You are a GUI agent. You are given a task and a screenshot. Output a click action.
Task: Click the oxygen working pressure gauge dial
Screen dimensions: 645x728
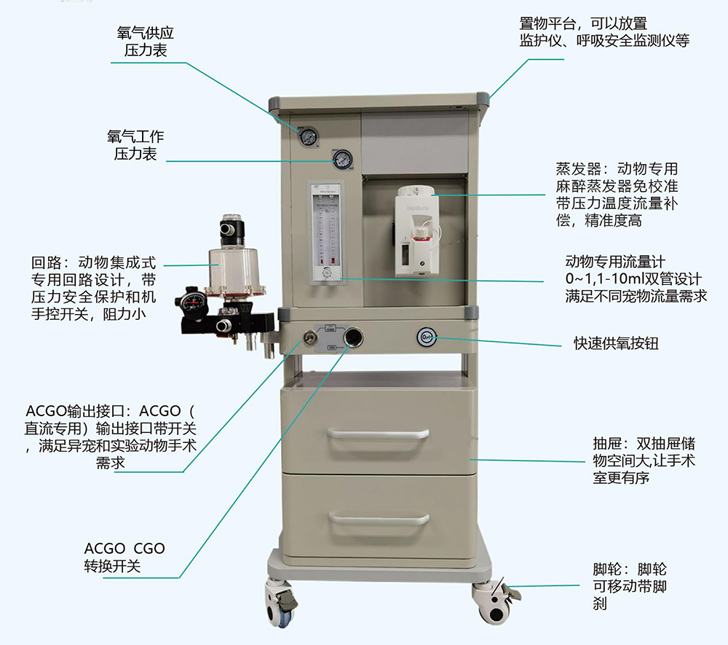click(x=341, y=159)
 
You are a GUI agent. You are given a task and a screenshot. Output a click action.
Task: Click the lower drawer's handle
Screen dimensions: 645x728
click(x=378, y=519)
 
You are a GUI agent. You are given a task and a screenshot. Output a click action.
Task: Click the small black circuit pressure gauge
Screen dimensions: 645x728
click(x=192, y=303)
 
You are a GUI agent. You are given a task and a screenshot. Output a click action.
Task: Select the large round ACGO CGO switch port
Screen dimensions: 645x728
click(x=355, y=337)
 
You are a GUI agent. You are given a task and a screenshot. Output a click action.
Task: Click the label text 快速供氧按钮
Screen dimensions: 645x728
click(x=615, y=343)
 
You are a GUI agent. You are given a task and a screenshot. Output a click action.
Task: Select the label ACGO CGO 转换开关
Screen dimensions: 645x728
click(x=124, y=557)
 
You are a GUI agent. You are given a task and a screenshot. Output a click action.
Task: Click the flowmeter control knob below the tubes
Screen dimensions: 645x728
click(x=327, y=273)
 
